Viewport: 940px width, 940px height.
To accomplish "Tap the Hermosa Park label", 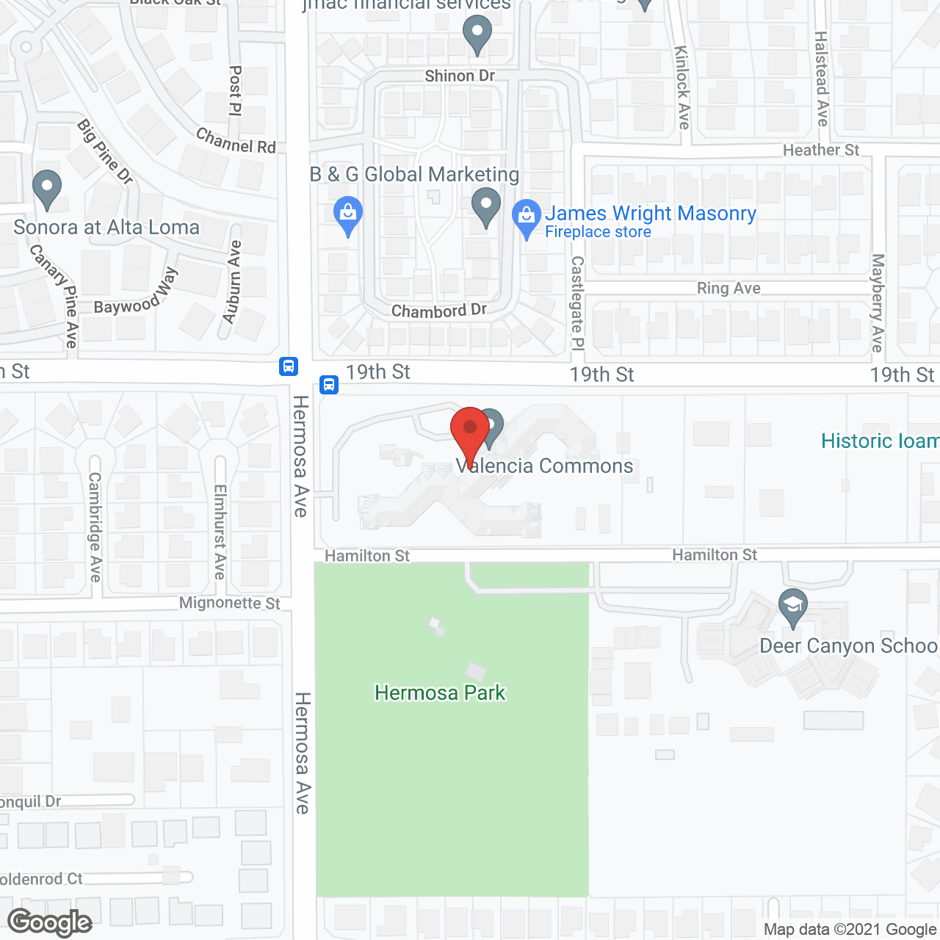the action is click(x=440, y=693).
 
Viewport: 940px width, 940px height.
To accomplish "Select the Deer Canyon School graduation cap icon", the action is click(x=792, y=606).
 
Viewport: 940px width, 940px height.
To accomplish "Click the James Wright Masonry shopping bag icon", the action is click(x=526, y=217).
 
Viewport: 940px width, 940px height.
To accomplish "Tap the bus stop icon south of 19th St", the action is click(x=329, y=384).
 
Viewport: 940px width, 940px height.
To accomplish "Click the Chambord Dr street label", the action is click(x=438, y=311).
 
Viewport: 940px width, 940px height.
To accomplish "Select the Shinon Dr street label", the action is click(x=460, y=76).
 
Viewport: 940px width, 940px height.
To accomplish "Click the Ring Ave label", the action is click(x=728, y=288).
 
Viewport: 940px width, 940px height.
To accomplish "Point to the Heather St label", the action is click(x=820, y=150).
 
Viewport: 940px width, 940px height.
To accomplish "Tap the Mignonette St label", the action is click(x=229, y=603).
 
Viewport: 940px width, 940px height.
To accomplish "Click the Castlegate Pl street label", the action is click(x=577, y=303).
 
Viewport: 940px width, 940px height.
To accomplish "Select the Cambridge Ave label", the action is click(x=95, y=527).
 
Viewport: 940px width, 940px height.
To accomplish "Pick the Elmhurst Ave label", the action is click(x=220, y=532).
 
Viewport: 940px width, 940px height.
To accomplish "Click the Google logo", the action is click(x=50, y=922).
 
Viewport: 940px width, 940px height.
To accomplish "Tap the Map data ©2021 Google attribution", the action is click(x=850, y=930).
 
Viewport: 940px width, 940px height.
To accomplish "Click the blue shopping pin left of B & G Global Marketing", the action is click(x=348, y=214).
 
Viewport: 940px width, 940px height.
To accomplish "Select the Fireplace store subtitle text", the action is click(x=598, y=232).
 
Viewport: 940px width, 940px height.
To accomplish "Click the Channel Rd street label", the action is click(x=236, y=140).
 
